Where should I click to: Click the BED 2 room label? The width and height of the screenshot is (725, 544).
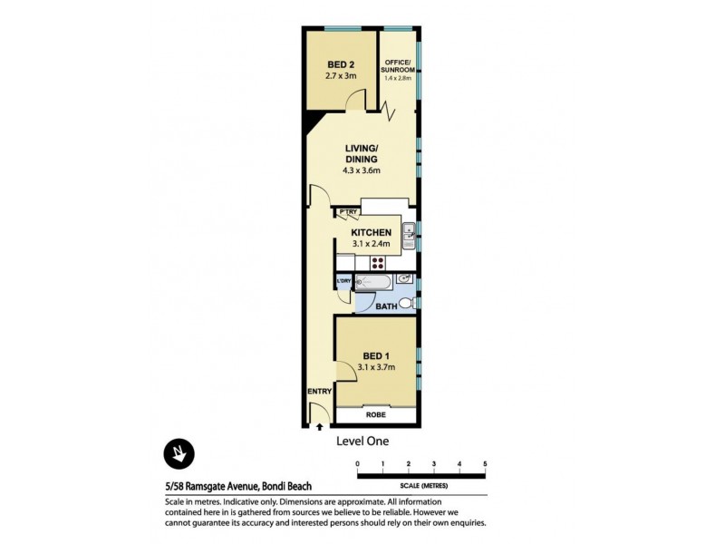(x=342, y=64)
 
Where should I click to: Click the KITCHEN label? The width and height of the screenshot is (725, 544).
(x=371, y=233)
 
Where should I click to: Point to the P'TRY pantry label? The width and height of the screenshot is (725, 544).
(x=348, y=214)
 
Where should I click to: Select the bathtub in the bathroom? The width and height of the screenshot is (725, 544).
(x=372, y=283)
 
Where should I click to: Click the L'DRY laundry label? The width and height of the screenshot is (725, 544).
(x=343, y=281)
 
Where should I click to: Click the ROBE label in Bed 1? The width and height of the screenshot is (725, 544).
(x=375, y=414)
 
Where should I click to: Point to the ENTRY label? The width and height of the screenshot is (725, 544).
(x=318, y=391)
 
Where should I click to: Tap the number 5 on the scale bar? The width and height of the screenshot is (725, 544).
(x=486, y=464)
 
